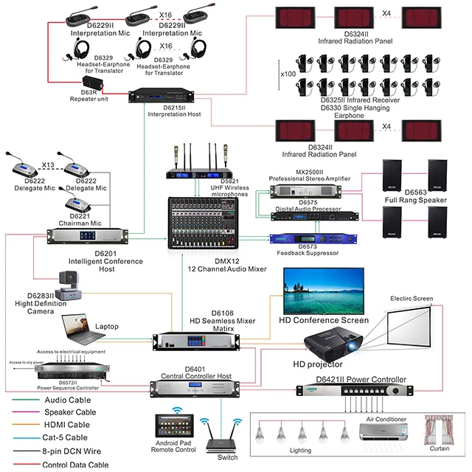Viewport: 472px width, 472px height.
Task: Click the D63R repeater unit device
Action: [x=94, y=82]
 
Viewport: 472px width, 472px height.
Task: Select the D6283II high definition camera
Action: [x=73, y=283]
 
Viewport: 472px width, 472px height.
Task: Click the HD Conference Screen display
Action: [x=322, y=289]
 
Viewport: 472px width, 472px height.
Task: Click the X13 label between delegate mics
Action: [x=48, y=164]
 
